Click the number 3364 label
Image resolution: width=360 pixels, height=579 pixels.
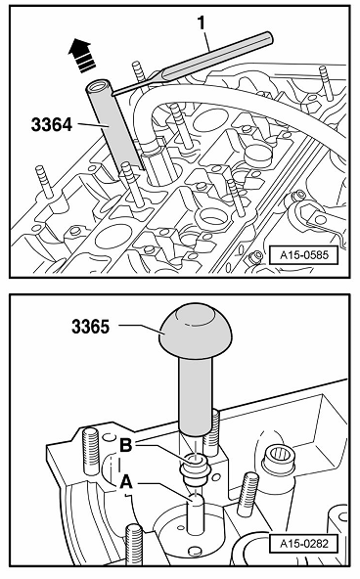(x=52, y=125)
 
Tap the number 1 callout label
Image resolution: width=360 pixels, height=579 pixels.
(x=202, y=22)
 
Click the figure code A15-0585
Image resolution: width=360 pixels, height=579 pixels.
(x=303, y=255)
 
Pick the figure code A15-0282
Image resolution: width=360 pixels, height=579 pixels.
(x=303, y=544)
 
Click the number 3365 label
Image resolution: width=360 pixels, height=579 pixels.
(x=90, y=327)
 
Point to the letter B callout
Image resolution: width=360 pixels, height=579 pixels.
(x=126, y=446)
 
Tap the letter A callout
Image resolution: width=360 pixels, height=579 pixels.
(x=126, y=482)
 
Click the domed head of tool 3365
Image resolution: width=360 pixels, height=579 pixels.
(x=196, y=332)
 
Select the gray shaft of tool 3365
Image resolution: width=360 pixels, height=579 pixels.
(x=196, y=396)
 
